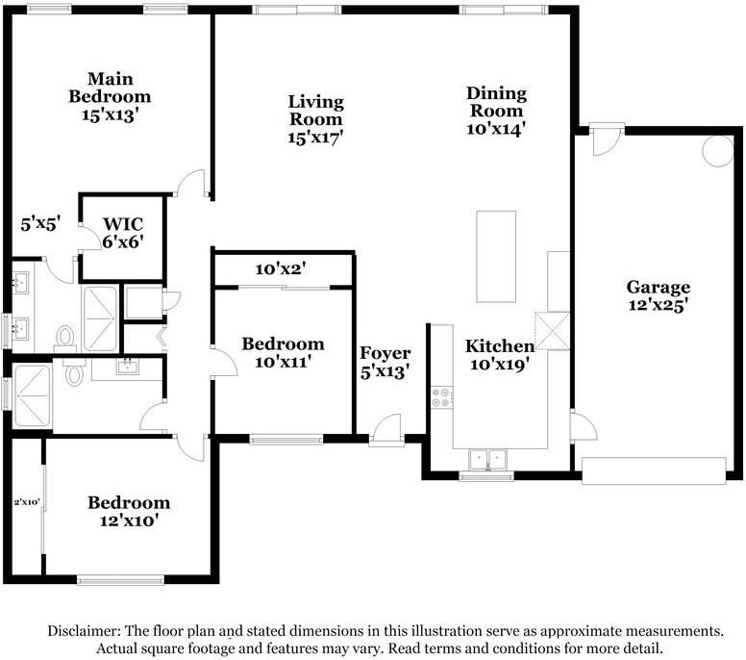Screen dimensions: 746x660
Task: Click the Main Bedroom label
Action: click(x=110, y=88)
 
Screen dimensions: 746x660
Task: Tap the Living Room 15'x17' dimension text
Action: click(x=315, y=138)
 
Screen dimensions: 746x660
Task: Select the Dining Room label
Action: click(x=496, y=102)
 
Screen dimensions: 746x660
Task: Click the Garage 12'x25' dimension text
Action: click(x=658, y=305)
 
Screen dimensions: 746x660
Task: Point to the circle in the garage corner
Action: click(x=718, y=150)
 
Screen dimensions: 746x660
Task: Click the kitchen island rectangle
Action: click(x=496, y=257)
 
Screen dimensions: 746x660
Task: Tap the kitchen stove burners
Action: click(x=441, y=397)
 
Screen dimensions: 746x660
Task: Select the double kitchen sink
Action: click(x=487, y=460)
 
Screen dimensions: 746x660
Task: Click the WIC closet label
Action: click(x=123, y=224)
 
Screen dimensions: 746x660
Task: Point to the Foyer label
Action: click(x=385, y=353)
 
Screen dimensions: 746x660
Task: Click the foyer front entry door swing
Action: click(x=387, y=429)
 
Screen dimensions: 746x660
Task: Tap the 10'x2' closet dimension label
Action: click(x=281, y=269)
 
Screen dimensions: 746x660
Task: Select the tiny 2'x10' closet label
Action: click(x=27, y=501)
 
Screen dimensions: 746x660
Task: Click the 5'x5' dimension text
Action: click(x=41, y=224)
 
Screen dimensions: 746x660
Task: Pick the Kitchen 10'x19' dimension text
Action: click(x=500, y=365)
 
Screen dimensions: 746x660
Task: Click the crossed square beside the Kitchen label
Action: click(x=553, y=331)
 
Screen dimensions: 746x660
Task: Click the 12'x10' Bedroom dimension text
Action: click(x=129, y=520)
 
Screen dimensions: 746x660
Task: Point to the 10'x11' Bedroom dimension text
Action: click(x=283, y=363)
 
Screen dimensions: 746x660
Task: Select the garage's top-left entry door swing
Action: click(x=606, y=141)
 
